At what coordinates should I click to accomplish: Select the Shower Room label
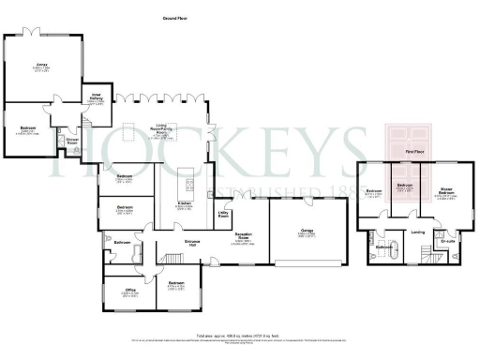71,142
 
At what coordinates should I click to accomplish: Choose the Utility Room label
224,216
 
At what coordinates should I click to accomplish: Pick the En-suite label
448,241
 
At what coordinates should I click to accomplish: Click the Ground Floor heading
172,18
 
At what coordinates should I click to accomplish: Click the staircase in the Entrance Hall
171,258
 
